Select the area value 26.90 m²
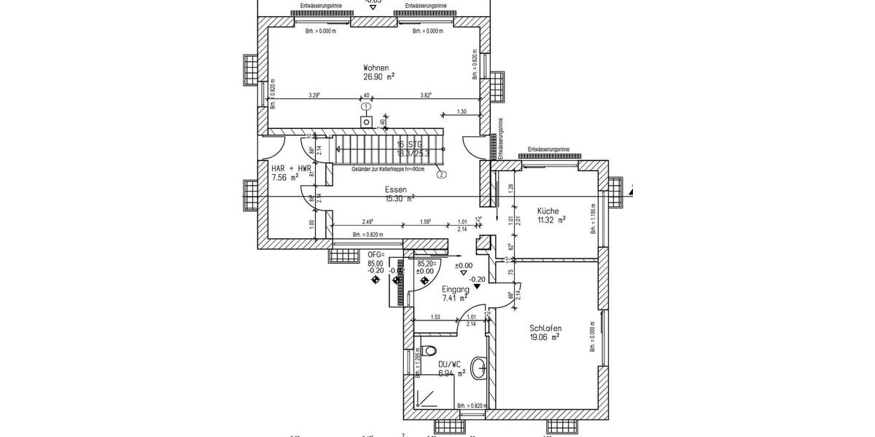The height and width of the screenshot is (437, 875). coord(379,76)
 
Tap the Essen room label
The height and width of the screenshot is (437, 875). coord(396,189)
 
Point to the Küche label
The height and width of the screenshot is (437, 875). coord(548,210)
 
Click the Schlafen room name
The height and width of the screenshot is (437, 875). coord(545,328)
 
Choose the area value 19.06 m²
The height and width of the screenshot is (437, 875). coord(544,337)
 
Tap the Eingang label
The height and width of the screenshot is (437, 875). coord(456,289)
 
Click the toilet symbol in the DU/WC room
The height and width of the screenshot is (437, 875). coord(429,349)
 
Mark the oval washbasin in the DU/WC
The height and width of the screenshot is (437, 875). coord(479,369)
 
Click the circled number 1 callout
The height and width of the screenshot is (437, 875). coord(366,107)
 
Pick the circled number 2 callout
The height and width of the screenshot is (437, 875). coord(441,174)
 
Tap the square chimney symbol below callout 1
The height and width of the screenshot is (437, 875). coord(366,122)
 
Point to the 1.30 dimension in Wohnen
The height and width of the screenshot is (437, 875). coord(462,111)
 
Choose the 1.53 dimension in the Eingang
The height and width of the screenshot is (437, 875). coord(435,317)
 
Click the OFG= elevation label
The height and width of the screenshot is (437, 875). coord(376,255)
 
